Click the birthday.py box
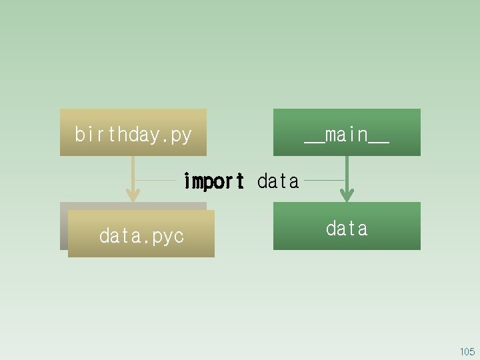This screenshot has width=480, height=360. [133, 132]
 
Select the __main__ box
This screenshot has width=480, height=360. [347, 132]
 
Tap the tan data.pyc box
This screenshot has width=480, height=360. [141, 234]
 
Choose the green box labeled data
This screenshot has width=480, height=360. [347, 226]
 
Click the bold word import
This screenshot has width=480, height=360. [213, 181]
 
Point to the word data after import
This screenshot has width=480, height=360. [278, 181]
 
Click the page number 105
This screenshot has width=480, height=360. [467, 351]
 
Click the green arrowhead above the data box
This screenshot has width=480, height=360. [346, 195]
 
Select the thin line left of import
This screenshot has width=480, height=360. [157, 180]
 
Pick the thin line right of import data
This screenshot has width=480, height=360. [323, 180]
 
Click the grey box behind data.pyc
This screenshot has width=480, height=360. [64, 227]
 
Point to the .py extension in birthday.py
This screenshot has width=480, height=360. [178, 135]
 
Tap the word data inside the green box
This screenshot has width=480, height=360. [347, 229]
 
